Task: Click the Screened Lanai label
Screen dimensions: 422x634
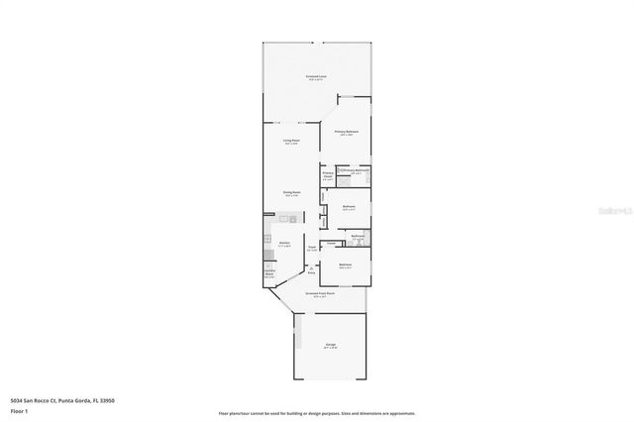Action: (317, 76)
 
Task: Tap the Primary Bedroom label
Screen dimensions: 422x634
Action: (346, 132)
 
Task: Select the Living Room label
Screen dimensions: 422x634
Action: (291, 142)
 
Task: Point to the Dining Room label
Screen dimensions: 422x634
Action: (291, 193)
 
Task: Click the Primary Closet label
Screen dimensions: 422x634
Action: (328, 176)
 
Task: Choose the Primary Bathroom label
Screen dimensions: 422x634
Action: (357, 170)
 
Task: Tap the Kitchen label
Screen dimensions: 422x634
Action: (283, 243)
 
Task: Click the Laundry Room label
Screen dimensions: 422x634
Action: (269, 273)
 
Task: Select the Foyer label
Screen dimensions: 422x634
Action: (311, 247)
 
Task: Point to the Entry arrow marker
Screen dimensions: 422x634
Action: (310, 266)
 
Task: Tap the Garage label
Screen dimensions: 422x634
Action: (330, 345)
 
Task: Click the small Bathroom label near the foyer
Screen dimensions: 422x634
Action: (358, 235)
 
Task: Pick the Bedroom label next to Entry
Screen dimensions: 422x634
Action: (346, 265)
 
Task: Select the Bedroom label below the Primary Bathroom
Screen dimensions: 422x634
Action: (349, 206)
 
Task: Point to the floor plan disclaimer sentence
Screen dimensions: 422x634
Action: (317, 413)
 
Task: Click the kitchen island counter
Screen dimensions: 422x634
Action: (286, 218)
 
